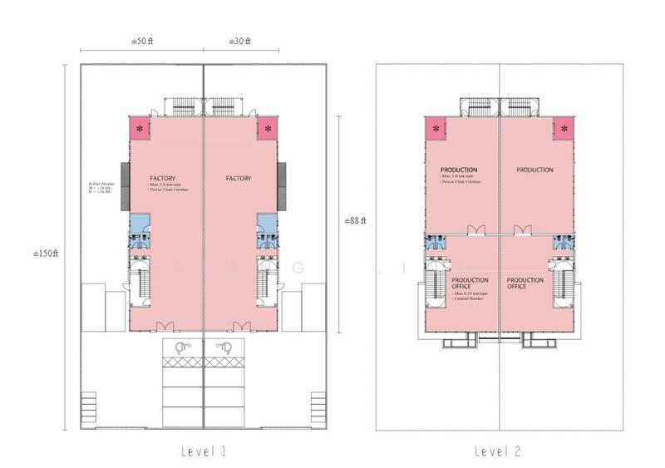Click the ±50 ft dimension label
pos(142,41)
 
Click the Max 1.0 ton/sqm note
pos(462,177)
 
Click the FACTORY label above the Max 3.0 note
pos(162,178)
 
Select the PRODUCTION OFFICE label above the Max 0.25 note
pos(470,283)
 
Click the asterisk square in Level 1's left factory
pos(139,128)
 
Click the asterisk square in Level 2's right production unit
pos(564,128)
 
